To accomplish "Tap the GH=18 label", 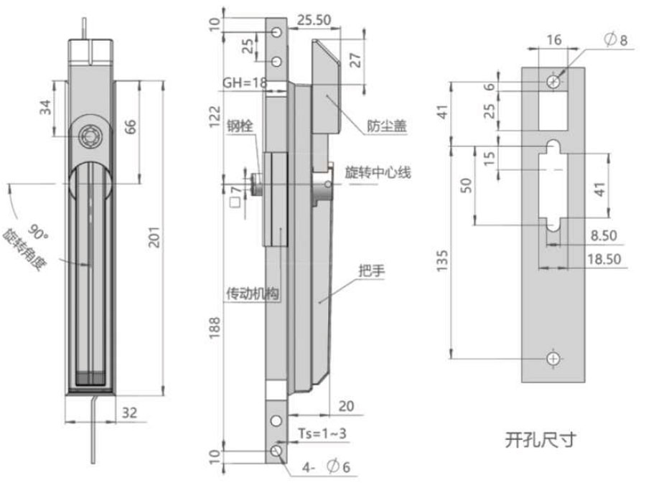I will click(245, 83).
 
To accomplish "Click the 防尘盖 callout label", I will click(388, 126).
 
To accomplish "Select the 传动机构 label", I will click(253, 294).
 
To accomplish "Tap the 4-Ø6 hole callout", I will click(327, 467).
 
